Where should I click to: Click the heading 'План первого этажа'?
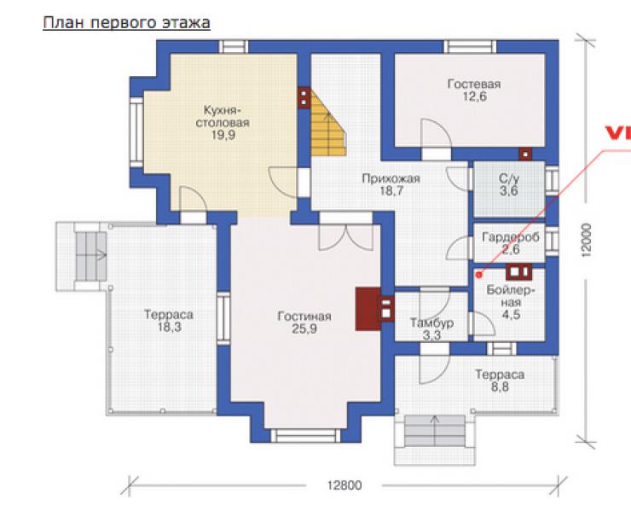(126, 23)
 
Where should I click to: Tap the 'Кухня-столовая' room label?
(223, 116)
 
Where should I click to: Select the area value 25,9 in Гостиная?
(304, 329)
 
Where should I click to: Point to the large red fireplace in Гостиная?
(368, 309)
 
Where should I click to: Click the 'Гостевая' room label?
(474, 84)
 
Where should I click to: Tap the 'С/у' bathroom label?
(509, 178)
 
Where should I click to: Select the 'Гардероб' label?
(510, 237)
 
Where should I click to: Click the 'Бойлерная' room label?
(511, 296)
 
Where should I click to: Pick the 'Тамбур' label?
(431, 323)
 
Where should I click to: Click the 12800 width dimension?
(344, 485)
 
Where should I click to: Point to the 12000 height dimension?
(587, 241)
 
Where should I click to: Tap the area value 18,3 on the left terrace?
(169, 328)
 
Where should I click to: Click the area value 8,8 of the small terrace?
(500, 387)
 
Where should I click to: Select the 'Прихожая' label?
(391, 178)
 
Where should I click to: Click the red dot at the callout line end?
(479, 275)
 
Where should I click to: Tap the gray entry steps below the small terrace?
(435, 431)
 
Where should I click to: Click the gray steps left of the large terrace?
(91, 257)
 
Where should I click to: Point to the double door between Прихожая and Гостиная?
(345, 237)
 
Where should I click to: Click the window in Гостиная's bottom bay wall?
(305, 436)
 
